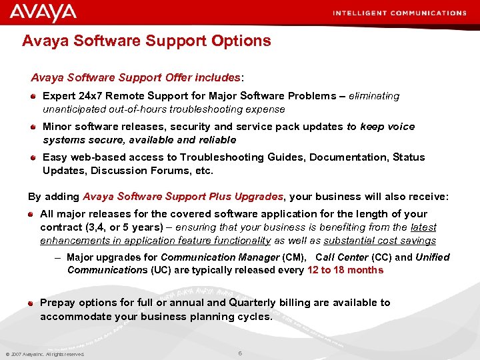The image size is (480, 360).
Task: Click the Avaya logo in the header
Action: click(x=43, y=12)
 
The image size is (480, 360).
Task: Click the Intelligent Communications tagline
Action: click(x=399, y=13)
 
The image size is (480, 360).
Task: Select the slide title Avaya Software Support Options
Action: click(x=147, y=41)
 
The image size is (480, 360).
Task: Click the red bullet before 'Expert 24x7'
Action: click(x=33, y=96)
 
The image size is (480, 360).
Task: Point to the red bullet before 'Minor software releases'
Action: click(x=33, y=127)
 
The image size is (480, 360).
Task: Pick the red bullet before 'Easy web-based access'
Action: click(x=33, y=157)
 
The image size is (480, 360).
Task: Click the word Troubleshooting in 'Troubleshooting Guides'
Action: click(x=230, y=157)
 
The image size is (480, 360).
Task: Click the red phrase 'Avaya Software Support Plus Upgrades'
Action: click(x=183, y=197)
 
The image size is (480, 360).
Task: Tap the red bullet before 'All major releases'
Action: click(x=31, y=214)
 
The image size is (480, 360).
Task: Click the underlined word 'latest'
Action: click(x=423, y=227)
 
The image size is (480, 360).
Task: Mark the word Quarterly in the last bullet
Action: click(x=255, y=303)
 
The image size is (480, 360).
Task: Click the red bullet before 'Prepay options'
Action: click(x=31, y=303)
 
